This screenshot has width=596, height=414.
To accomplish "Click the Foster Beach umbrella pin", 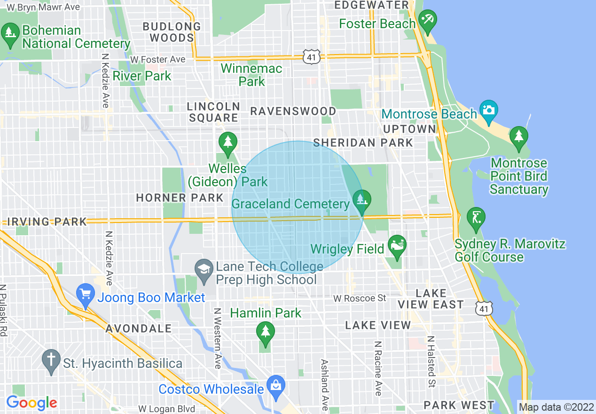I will [x=427, y=21].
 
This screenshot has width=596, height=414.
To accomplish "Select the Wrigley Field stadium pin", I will [x=397, y=247].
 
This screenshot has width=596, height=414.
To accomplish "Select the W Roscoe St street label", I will [x=360, y=298].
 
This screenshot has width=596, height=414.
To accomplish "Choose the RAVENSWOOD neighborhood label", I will [x=293, y=111].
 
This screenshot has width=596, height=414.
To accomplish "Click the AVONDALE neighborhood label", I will [x=139, y=328].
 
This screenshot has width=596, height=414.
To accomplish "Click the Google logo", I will [x=31, y=403].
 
